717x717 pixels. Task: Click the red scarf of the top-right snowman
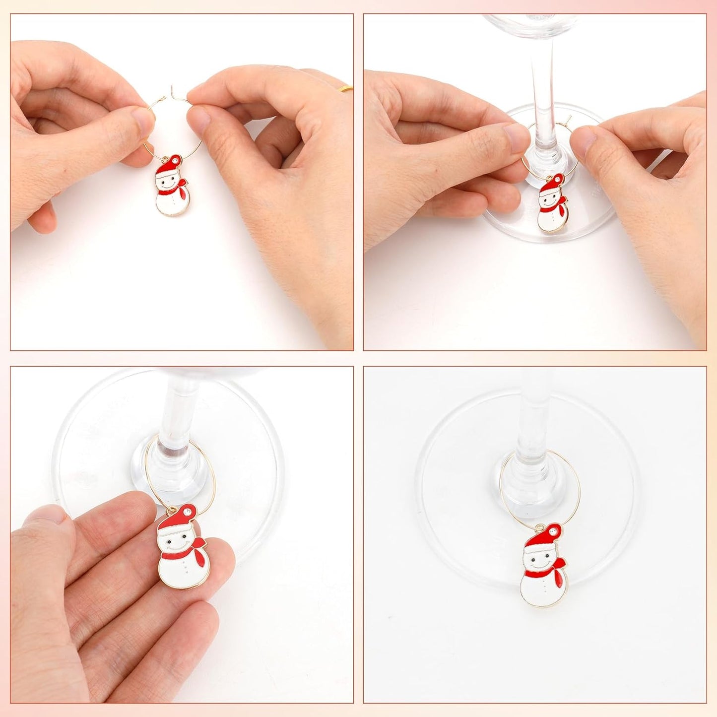(560, 206)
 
